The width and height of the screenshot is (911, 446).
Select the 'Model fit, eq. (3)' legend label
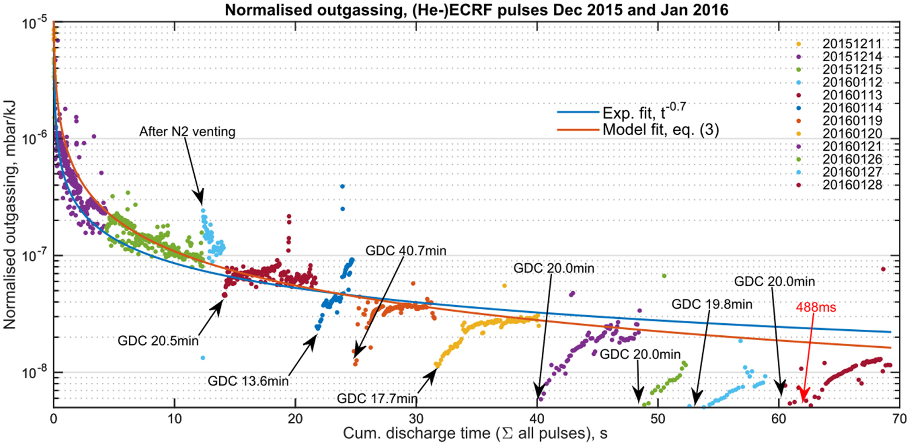coord(660,129)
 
